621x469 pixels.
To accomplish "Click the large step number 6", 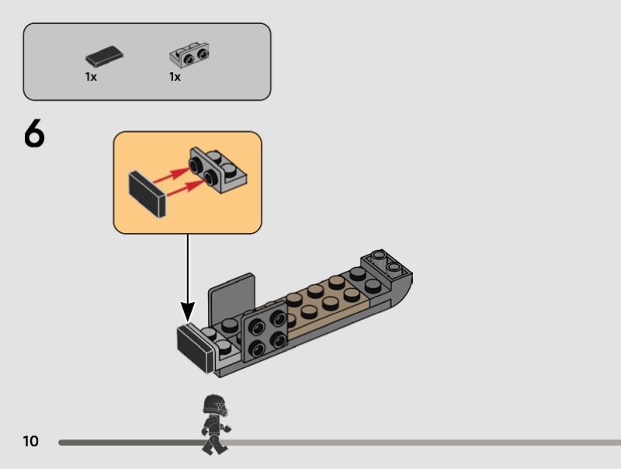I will [34, 135].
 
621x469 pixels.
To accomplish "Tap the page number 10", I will [30, 442].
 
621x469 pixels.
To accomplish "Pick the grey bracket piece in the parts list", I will [190, 55].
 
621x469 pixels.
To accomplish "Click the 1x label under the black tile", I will [91, 77].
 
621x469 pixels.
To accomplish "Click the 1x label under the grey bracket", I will [175, 77].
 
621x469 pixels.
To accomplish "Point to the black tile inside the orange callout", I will [145, 194].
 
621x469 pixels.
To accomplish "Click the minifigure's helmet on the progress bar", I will [213, 405].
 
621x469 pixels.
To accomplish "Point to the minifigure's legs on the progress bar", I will [210, 441].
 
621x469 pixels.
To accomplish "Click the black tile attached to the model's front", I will [195, 349].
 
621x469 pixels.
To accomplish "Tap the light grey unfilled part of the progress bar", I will [427, 442].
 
